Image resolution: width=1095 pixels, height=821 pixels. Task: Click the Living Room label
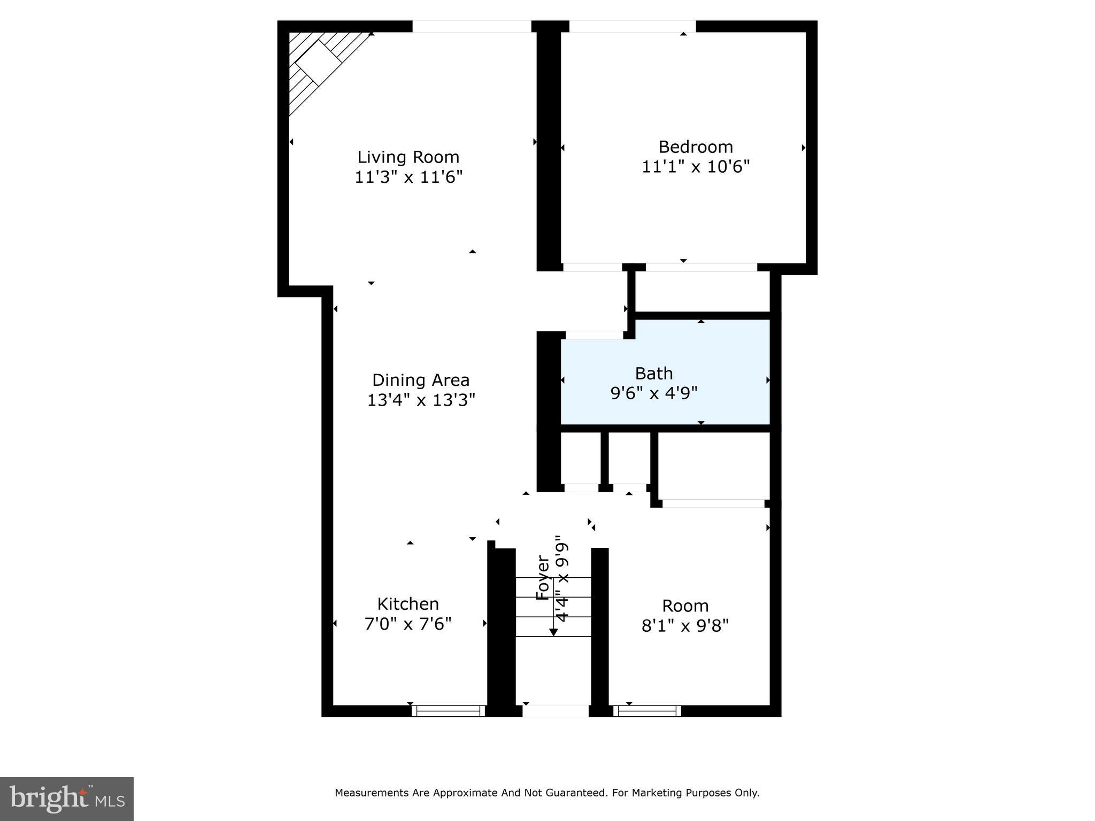click(x=408, y=157)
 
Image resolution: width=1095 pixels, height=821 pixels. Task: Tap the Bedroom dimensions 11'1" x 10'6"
click(x=695, y=167)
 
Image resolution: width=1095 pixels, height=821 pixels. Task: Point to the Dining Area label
click(x=421, y=380)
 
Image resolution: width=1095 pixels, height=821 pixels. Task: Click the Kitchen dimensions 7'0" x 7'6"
click(x=408, y=624)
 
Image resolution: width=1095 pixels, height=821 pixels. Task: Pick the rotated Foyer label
click(x=543, y=578)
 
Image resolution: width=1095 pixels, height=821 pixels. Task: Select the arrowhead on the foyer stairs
click(x=553, y=632)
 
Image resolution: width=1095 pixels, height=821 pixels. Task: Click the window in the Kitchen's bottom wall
click(x=448, y=711)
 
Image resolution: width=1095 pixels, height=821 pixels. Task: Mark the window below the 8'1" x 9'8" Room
click(x=647, y=711)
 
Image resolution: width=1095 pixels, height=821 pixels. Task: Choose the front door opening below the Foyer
click(x=556, y=711)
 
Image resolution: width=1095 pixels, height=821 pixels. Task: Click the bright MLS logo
click(x=67, y=799)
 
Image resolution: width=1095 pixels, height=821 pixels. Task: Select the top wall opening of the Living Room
click(x=472, y=26)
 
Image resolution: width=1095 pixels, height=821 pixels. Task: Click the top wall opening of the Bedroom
click(x=632, y=26)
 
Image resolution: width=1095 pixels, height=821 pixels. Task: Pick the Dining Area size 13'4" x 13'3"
click(x=421, y=400)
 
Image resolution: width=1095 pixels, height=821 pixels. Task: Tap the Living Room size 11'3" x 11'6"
click(x=408, y=177)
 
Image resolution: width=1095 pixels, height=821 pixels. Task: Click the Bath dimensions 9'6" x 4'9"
click(x=653, y=393)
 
